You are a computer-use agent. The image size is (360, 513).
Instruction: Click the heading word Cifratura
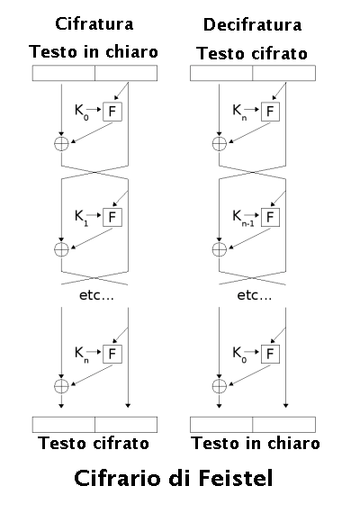click(x=94, y=24)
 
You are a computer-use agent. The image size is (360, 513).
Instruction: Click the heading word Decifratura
click(x=252, y=25)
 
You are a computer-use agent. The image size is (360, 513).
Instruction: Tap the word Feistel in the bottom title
click(x=236, y=478)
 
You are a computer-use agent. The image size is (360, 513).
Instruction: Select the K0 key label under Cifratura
click(x=82, y=112)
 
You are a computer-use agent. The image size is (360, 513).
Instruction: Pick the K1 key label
click(x=82, y=218)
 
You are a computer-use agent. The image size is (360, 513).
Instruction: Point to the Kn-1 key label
click(x=243, y=218)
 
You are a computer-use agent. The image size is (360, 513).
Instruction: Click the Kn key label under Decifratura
click(x=239, y=112)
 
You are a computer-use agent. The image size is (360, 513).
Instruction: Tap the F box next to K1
click(x=112, y=217)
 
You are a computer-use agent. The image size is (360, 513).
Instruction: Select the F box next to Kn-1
click(x=270, y=217)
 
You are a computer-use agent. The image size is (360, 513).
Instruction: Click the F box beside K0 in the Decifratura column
click(x=270, y=354)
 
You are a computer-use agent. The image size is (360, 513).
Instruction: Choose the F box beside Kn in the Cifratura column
click(x=112, y=354)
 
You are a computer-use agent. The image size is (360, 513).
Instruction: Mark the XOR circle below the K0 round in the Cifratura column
click(x=61, y=144)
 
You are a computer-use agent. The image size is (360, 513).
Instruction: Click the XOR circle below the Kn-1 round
click(x=220, y=249)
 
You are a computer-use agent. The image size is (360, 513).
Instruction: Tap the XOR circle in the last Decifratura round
click(x=220, y=386)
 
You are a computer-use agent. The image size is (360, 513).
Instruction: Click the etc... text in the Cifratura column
click(x=96, y=295)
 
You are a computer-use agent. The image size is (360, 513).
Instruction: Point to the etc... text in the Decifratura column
click(x=255, y=295)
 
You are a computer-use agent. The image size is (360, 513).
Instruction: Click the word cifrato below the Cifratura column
click(x=121, y=443)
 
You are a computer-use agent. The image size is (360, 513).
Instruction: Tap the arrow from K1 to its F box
click(x=94, y=215)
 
